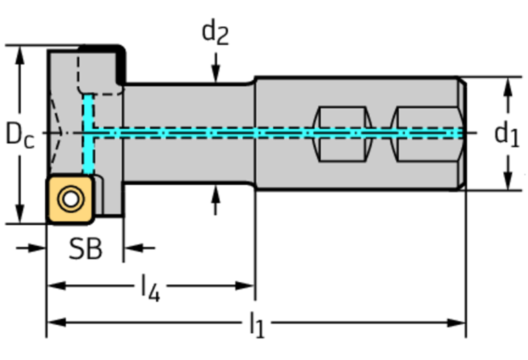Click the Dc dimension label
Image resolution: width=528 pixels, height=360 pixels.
(19, 134)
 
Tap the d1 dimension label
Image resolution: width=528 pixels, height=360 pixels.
(507, 134)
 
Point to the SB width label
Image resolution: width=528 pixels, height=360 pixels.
(85, 249)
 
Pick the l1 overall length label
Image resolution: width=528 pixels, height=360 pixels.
(256, 324)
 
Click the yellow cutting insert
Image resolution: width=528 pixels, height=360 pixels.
(70, 200)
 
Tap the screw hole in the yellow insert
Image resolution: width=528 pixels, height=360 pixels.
(70, 200)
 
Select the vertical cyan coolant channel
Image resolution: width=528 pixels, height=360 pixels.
(88, 135)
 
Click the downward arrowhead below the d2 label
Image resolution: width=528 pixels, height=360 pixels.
(216, 76)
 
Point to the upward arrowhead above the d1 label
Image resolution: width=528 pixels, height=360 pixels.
(508, 85)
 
